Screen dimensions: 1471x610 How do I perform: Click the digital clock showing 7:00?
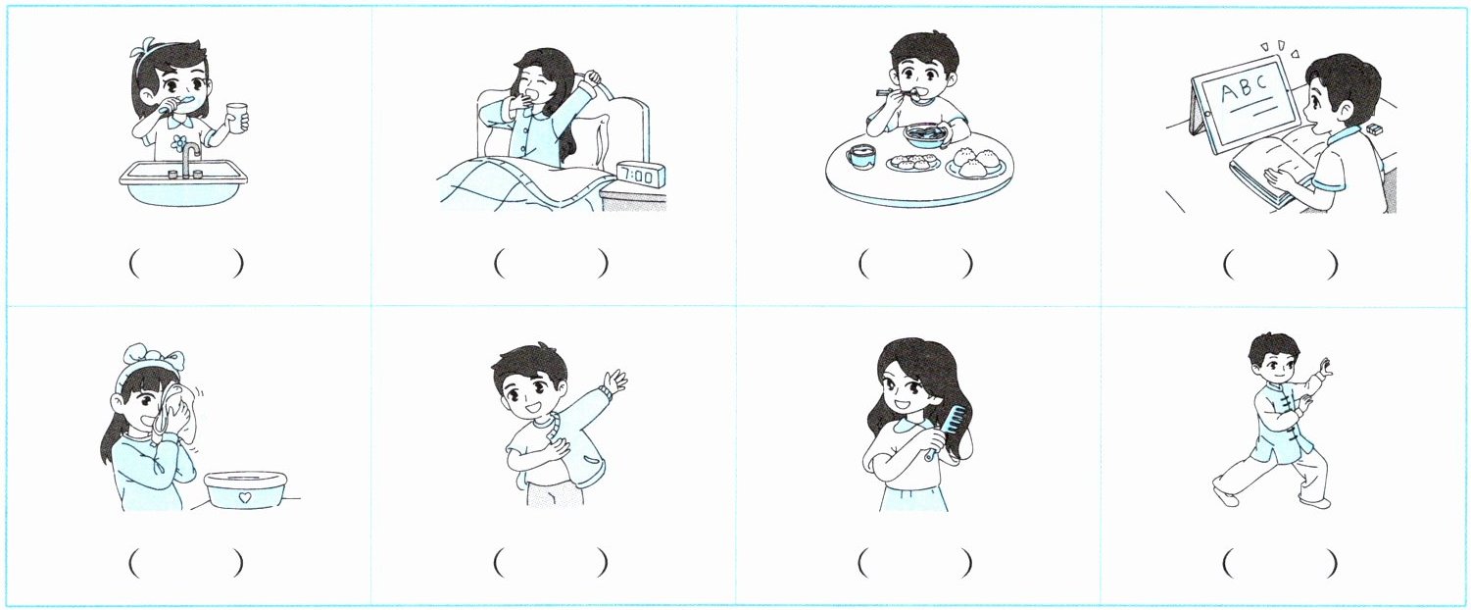tap(640, 175)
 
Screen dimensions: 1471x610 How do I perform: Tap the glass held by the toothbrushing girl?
tap(236, 119)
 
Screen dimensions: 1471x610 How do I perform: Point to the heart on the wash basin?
tap(245, 497)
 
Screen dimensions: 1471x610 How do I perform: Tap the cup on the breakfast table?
tap(861, 158)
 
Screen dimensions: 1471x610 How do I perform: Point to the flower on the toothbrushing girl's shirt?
tap(178, 142)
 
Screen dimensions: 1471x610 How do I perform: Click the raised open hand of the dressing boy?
tap(616, 381)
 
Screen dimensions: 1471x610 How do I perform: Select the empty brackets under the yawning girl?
tap(551, 264)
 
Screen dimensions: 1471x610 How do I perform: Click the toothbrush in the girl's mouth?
tap(182, 101)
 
